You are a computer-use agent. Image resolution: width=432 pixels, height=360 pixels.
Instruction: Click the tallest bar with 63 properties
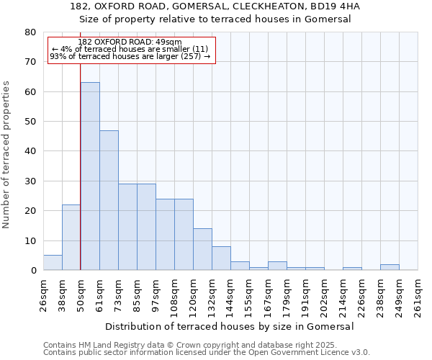[90, 176]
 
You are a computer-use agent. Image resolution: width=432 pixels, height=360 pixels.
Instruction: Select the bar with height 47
[109, 200]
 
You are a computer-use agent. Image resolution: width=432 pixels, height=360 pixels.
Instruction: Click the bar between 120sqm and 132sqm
[202, 249]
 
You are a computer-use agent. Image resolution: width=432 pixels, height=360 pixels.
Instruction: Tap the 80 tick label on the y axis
[30, 32]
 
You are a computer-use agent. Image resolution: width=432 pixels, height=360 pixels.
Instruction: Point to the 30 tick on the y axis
[30, 181]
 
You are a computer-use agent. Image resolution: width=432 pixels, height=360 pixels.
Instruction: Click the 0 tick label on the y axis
[33, 270]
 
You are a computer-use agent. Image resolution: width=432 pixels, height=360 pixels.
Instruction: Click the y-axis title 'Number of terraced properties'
[6, 154]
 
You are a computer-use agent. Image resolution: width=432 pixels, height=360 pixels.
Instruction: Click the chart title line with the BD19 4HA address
[215, 6]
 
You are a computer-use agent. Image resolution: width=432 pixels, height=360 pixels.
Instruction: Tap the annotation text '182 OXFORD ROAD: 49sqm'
[130, 42]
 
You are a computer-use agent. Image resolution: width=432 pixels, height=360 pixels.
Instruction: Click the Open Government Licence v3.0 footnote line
[207, 352]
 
